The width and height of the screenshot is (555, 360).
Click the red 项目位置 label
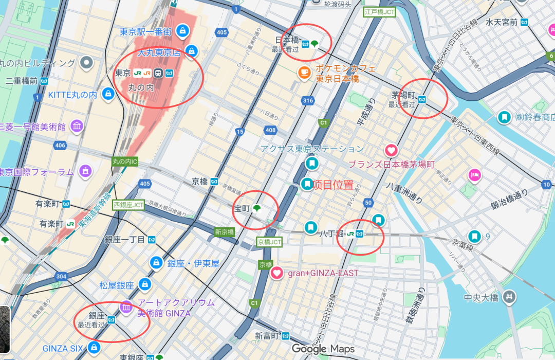click(333, 185)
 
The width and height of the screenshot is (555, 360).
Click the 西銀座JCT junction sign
click(128, 205)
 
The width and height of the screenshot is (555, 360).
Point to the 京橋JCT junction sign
click(270, 241)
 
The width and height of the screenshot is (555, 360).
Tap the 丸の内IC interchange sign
click(125, 161)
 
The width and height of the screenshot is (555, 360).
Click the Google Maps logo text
click(323, 349)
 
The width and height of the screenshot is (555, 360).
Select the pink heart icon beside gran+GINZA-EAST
click(276, 273)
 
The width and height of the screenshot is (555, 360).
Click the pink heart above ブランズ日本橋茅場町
click(391, 151)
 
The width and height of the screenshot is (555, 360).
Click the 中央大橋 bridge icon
click(509, 296)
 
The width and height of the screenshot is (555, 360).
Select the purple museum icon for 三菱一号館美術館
click(77, 126)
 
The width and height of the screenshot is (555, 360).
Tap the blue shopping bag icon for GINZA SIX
click(94, 348)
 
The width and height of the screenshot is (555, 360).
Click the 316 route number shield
click(308, 100)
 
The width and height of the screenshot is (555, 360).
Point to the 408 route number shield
click(271, 130)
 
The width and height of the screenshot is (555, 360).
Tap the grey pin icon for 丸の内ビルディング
click(87, 63)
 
